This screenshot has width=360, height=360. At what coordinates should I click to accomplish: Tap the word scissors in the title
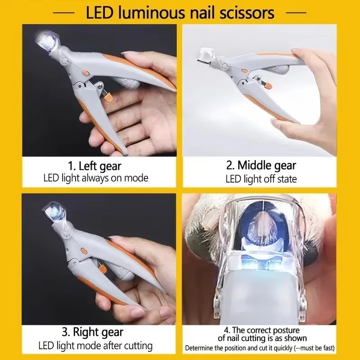coord(244,12)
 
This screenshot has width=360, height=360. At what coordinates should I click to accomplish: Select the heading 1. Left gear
coord(95,166)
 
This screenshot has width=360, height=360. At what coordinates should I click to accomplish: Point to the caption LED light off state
coord(261,179)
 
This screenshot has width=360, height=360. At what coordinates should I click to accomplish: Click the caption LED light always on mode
coord(95,178)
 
